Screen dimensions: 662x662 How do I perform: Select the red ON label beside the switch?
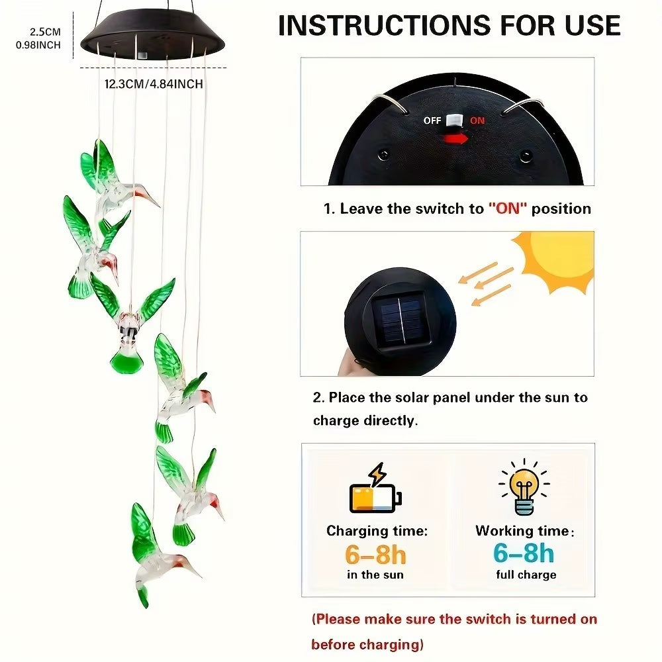point(477,121)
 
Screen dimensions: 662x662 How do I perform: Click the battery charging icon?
point(374,493)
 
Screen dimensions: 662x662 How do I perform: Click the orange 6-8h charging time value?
point(375,553)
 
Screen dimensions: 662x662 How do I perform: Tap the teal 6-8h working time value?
point(524,553)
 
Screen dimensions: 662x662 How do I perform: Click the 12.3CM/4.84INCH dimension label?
point(154,84)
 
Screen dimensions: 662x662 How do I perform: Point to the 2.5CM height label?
point(45,31)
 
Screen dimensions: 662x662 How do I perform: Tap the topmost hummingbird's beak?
point(149,197)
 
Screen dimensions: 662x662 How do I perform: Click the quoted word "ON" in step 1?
point(508,209)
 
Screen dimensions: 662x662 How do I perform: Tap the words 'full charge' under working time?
point(526,575)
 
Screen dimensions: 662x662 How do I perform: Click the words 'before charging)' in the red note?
point(367,644)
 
